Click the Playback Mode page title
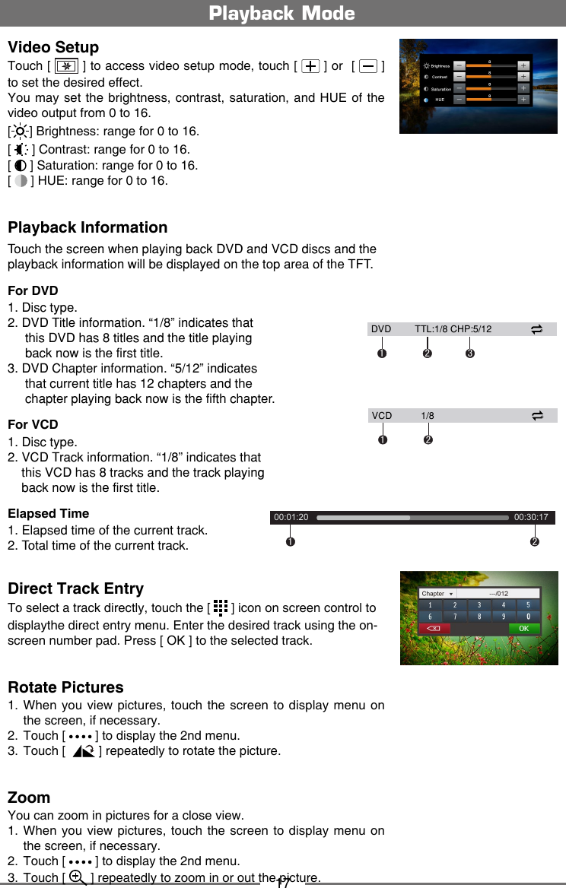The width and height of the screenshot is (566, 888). coord(282,14)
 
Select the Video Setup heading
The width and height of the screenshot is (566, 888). coord(53,47)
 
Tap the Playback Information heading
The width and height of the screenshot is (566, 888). coord(87,227)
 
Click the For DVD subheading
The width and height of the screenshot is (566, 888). coord(33,290)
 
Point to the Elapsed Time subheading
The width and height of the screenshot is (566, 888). coord(48,513)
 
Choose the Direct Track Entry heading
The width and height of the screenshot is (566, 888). coord(75,588)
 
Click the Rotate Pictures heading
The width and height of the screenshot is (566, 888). coord(65,687)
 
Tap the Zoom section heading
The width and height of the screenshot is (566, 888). coord(29,798)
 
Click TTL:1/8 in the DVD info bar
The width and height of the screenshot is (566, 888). coord(431,329)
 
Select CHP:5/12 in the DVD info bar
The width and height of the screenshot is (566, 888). coord(471,329)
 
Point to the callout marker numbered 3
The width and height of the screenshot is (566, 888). coord(470,354)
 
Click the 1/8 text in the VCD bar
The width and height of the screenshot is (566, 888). coord(428,416)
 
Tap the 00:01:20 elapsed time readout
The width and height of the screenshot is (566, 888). coord(291,518)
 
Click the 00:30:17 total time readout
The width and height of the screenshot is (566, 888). coord(531,518)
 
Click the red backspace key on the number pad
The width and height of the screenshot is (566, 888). coord(434,629)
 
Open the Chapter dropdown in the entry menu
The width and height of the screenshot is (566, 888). coord(437,594)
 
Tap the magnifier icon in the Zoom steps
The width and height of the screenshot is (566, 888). coord(77,877)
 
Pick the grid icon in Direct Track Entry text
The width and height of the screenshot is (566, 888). coord(220,607)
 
